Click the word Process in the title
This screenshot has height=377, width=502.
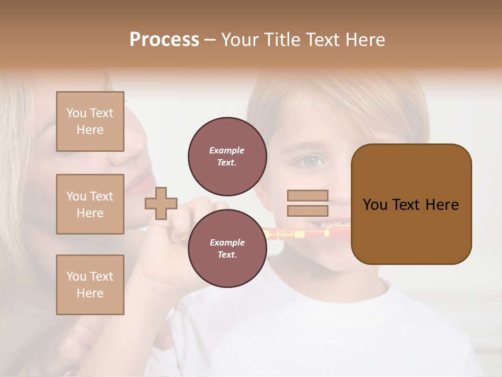[x=164, y=40]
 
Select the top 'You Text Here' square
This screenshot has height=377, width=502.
[x=90, y=121]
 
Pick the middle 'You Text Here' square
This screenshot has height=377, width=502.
[x=90, y=204]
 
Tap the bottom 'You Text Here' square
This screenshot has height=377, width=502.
[x=90, y=285]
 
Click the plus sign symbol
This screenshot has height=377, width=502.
[x=161, y=203]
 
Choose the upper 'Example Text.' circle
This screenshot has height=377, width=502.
[x=227, y=156]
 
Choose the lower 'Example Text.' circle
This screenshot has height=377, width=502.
[x=227, y=248]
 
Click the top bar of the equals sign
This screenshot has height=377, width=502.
[x=307, y=196]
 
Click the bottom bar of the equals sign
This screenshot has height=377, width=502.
[x=307, y=211]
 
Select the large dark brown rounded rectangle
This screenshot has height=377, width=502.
[x=411, y=204]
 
